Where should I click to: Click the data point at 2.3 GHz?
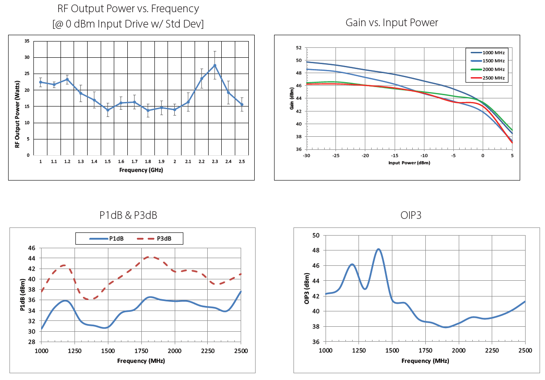(215, 65)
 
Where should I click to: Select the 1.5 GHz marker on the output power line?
(107, 110)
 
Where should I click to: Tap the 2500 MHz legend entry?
(488, 78)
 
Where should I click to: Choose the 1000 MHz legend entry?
(488, 52)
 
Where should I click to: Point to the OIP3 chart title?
(410, 215)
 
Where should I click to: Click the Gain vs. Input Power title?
(391, 23)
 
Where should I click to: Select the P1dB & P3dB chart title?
(128, 215)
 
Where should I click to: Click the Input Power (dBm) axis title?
(409, 162)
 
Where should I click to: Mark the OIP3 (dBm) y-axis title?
(307, 288)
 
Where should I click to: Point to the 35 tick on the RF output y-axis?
(27, 41)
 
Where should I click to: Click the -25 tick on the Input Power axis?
(336, 156)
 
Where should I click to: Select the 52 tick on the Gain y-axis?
(298, 47)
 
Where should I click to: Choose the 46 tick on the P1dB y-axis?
(32, 248)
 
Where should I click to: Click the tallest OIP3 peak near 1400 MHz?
(378, 249)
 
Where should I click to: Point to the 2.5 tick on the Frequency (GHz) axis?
(242, 162)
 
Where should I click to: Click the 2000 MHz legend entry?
(488, 70)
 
